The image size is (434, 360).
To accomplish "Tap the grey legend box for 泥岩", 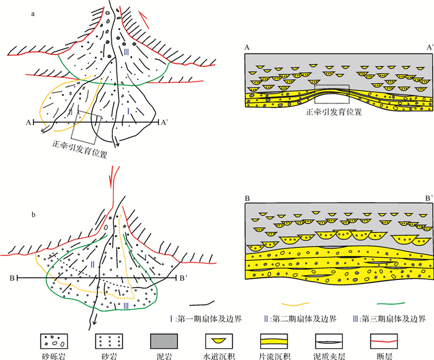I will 162,340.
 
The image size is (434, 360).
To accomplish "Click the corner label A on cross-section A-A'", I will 247,47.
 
